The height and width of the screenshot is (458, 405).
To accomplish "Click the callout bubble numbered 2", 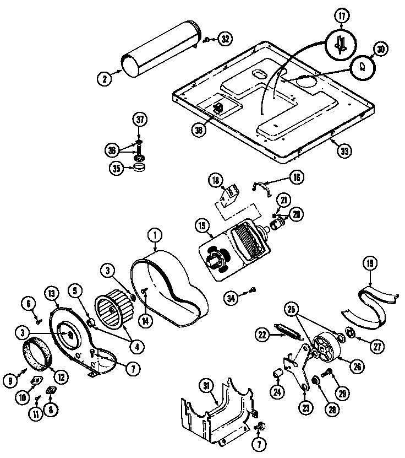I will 103,78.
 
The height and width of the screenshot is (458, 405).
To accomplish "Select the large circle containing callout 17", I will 341,43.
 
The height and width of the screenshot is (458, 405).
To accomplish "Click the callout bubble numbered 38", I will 199,131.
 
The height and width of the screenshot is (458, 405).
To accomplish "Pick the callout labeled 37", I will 139,120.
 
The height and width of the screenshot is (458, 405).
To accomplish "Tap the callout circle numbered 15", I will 201,225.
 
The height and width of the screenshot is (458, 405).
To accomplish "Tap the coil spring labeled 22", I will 289,333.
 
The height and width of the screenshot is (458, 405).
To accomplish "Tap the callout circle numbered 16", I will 297,177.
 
